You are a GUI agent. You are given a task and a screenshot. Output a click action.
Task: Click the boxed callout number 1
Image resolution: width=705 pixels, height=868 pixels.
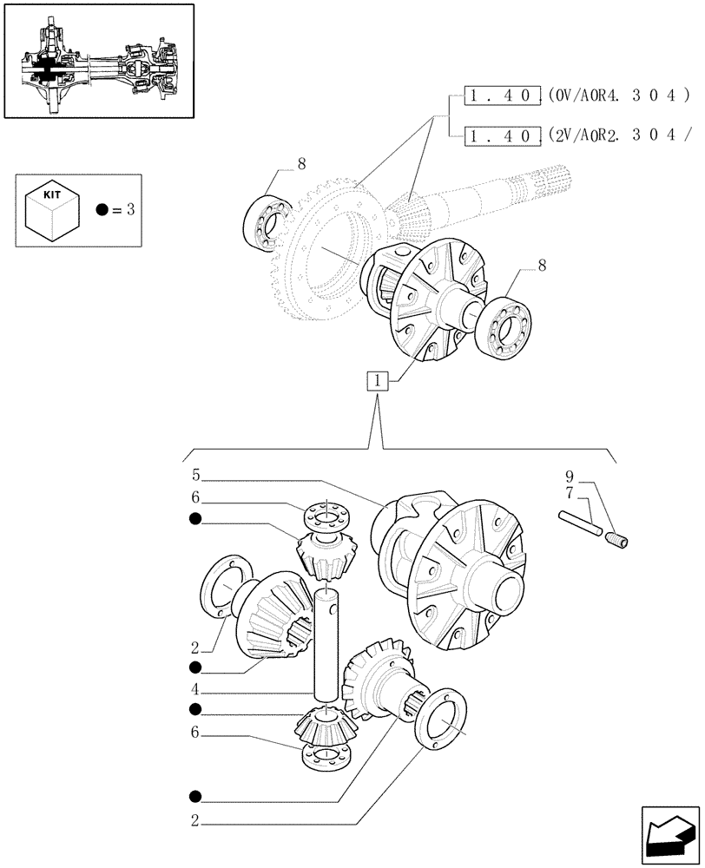coord(378,379)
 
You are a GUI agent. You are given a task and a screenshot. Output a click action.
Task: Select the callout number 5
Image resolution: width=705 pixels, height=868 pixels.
coord(197,476)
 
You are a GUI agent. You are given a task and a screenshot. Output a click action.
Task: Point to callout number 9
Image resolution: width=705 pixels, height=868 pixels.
coord(570,477)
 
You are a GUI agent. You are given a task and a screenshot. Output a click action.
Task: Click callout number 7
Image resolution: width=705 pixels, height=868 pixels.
coord(570,492)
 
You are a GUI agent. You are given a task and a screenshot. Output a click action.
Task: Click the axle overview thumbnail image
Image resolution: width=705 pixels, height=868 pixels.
coord(98,60)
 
